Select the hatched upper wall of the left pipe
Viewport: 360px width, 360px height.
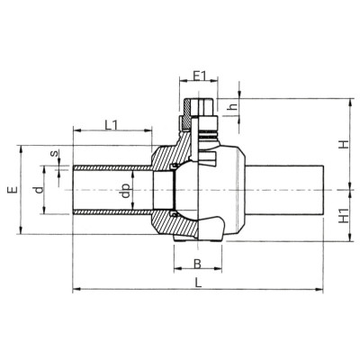point(108,167)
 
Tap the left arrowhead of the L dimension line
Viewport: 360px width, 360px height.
point(75,290)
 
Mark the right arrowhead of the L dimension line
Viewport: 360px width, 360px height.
point(320,290)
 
